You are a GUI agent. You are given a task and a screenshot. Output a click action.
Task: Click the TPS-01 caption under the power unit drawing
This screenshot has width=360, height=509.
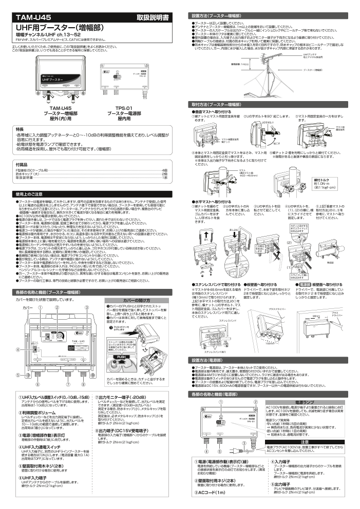tap(121, 107)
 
